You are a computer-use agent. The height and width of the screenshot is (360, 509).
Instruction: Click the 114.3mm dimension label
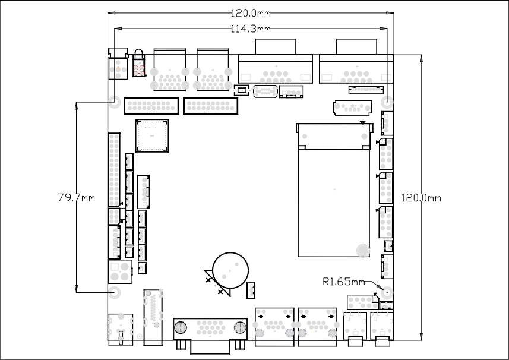click(251, 29)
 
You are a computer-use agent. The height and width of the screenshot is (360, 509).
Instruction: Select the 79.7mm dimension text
click(77, 197)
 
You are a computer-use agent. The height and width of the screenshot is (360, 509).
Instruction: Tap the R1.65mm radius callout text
click(344, 282)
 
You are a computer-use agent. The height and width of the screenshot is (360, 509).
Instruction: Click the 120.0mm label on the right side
click(421, 198)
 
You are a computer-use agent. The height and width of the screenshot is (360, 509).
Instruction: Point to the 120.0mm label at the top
click(251, 13)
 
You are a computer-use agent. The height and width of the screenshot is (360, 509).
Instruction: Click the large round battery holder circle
click(230, 270)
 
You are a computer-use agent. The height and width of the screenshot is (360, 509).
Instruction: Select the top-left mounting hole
click(114, 102)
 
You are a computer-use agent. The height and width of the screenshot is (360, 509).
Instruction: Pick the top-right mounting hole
click(387, 102)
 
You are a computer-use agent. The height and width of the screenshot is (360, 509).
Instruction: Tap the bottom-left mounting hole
click(114, 292)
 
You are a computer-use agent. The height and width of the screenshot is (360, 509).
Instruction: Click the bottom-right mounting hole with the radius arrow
click(387, 293)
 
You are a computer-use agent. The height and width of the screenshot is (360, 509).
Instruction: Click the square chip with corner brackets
click(152, 135)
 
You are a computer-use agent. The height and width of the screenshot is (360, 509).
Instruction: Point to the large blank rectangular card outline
click(334, 203)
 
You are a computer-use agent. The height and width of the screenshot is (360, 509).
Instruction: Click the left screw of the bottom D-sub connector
click(181, 327)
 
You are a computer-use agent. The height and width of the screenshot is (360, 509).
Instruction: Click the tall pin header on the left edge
click(114, 169)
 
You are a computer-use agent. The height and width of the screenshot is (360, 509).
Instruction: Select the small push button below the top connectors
click(242, 90)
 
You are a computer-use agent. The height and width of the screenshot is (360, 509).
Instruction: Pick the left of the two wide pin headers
click(151, 106)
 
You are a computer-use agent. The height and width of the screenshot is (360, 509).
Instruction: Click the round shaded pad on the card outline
click(363, 250)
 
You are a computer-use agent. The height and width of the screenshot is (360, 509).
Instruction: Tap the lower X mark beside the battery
click(220, 292)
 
